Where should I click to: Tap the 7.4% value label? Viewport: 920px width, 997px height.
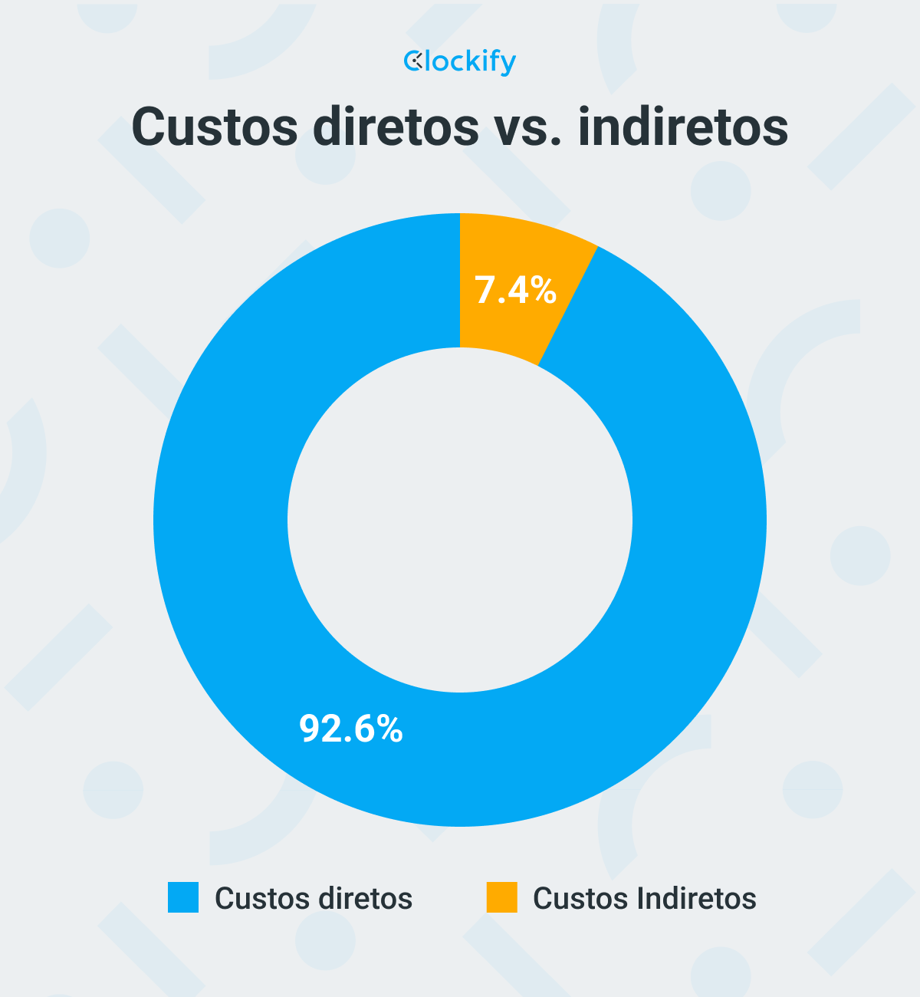point(515,291)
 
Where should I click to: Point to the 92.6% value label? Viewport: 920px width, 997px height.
point(351,729)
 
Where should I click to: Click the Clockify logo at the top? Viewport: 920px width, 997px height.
point(460,61)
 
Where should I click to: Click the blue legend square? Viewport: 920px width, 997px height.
point(183,897)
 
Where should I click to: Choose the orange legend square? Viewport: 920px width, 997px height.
point(502,897)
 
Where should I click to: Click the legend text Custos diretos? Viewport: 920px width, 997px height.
point(314,898)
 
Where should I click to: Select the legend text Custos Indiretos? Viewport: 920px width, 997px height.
point(644,898)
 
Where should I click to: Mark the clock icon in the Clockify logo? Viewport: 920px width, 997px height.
point(413,61)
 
